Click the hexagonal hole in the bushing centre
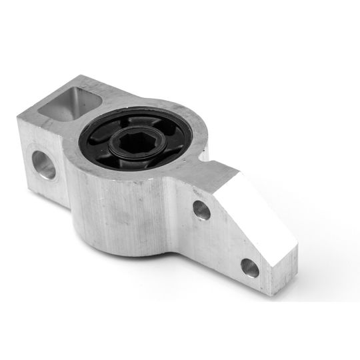(136, 141)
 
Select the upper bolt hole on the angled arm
(201, 211)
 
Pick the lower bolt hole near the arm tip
(250, 267)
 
